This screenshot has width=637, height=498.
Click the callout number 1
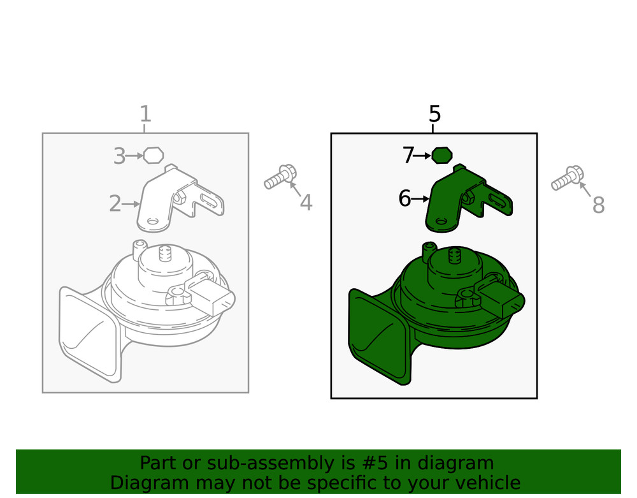pyautogui.click(x=145, y=114)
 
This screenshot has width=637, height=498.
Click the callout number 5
pyautogui.click(x=434, y=114)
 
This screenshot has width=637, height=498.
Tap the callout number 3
pyautogui.click(x=119, y=156)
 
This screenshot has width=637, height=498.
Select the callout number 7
pyautogui.click(x=408, y=156)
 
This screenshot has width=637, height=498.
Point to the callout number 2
pyautogui.click(x=115, y=203)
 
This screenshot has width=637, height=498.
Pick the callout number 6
pyautogui.click(x=404, y=198)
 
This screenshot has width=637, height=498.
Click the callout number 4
pyautogui.click(x=306, y=203)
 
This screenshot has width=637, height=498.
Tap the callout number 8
pyautogui.click(x=598, y=205)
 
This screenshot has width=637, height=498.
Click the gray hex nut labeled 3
pyautogui.click(x=154, y=155)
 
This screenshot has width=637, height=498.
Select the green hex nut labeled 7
pyautogui.click(x=441, y=156)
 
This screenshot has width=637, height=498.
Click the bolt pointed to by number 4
pyautogui.click(x=280, y=177)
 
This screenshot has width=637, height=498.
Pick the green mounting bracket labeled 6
pyautogui.click(x=467, y=199)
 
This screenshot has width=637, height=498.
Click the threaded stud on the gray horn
pyautogui.click(x=165, y=253)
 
